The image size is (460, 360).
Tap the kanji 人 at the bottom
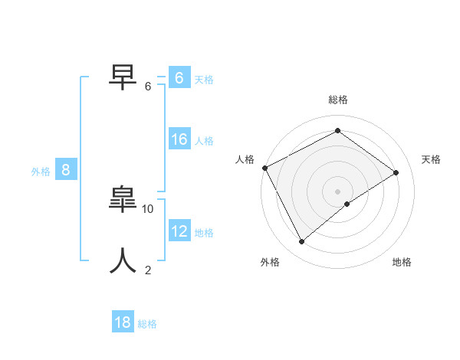pos(123,260)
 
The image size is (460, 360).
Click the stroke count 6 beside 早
pos(148,87)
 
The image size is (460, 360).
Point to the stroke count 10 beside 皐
pos(148,208)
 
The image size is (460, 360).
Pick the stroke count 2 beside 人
pos(148,270)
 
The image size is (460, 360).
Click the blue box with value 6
pos(179,78)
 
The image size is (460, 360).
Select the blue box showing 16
pos(179,139)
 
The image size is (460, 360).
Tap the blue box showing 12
pos(179,231)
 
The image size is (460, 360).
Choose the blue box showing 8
pos(65,170)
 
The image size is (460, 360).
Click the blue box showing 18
pos(123,322)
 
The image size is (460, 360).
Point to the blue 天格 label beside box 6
pos(203,80)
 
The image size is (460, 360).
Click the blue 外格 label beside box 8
pos(41,172)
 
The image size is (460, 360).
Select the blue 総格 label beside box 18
pos(147,324)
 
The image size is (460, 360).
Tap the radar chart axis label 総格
pos(337,100)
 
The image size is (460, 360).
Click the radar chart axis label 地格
pos(402,263)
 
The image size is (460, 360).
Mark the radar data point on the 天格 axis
pos(396,172)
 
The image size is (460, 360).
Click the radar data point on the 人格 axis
pos(264,168)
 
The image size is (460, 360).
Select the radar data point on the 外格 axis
pos(301,242)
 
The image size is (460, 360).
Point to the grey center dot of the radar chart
pos(337,191)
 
